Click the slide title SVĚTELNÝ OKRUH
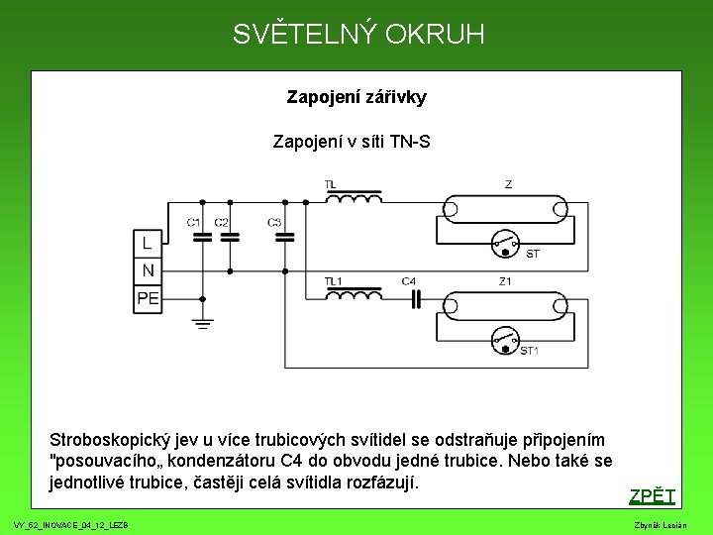(x=358, y=35)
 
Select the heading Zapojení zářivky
(x=356, y=97)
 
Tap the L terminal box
(x=148, y=243)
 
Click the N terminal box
(x=148, y=269)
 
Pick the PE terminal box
(x=148, y=297)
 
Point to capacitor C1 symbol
(x=202, y=238)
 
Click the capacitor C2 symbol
(x=230, y=238)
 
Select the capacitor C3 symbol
(x=284, y=238)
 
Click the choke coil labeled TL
(x=354, y=198)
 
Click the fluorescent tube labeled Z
(x=507, y=208)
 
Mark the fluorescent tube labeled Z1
(x=507, y=304)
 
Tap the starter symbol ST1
(x=507, y=340)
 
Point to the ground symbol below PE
(x=202, y=323)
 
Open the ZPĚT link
(x=652, y=496)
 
